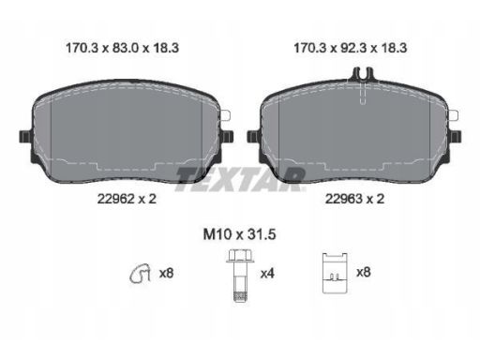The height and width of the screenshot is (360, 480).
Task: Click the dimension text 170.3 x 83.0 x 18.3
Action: point(122,48)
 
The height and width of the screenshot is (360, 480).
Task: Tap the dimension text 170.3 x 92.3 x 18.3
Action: point(351,48)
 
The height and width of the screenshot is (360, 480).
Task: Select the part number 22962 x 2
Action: point(127,199)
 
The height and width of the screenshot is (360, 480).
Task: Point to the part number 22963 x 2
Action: point(354,199)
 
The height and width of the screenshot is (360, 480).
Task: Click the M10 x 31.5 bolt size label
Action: point(239,234)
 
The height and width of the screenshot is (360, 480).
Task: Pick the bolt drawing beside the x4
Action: point(240,276)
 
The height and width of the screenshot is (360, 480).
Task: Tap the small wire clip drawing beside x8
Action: point(141,274)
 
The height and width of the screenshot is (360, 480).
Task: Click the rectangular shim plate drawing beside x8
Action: point(335,273)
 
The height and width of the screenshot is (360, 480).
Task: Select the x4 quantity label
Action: point(267,274)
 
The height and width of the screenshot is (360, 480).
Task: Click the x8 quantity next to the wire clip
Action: point(166,274)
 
